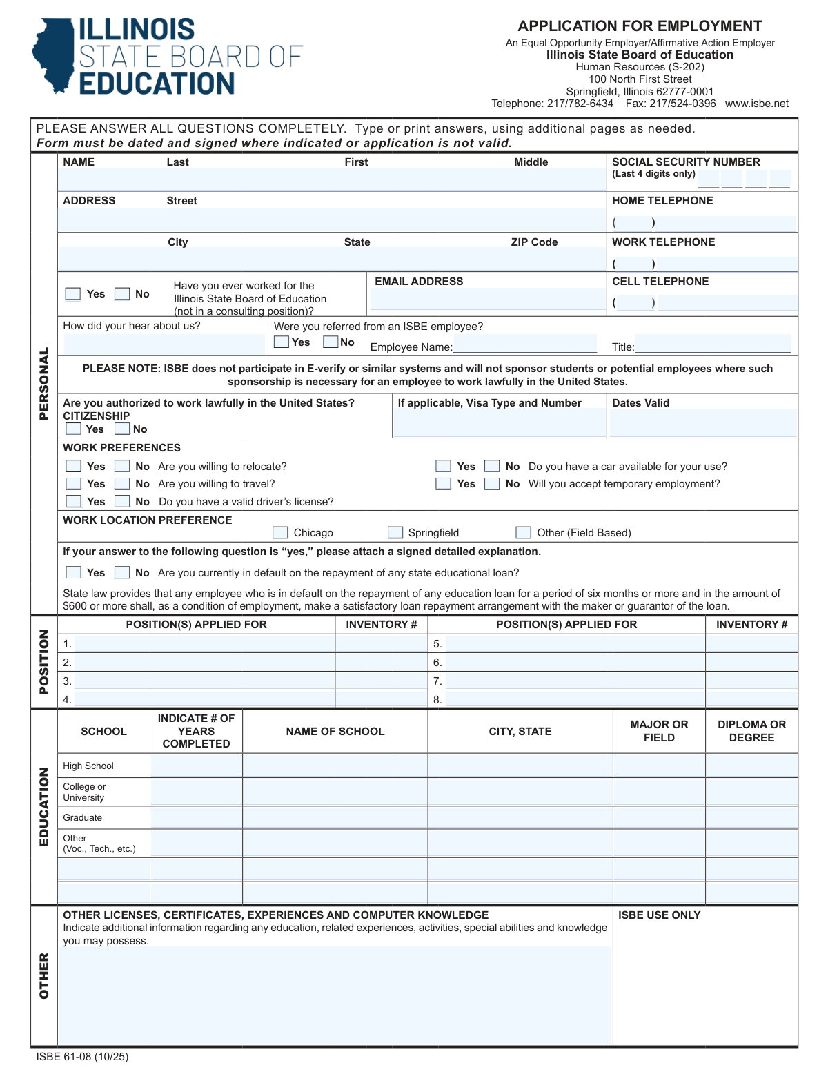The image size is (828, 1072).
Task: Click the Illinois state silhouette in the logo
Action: click(x=53, y=55)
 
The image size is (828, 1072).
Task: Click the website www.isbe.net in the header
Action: click(x=756, y=104)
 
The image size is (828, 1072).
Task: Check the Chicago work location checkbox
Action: click(x=280, y=532)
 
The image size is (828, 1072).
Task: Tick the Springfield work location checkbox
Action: click(x=395, y=532)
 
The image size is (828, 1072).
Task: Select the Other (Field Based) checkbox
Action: click(x=524, y=532)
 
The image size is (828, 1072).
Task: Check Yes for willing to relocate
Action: click(x=73, y=467)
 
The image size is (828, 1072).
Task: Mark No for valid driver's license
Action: click(x=122, y=501)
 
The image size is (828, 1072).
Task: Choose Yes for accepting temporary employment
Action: click(x=443, y=484)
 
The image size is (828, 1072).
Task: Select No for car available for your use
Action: click(x=492, y=467)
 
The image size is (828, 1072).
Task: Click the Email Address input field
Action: click(x=486, y=300)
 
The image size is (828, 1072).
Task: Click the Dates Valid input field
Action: click(x=702, y=422)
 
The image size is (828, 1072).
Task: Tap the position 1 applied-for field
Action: click(x=204, y=643)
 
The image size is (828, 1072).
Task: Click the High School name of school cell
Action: click(x=335, y=766)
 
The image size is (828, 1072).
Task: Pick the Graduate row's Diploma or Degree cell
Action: click(x=751, y=817)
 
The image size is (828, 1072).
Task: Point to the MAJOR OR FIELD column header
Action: click(x=659, y=731)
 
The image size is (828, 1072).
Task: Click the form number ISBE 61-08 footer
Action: click(x=82, y=1057)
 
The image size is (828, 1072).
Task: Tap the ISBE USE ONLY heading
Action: click(x=659, y=915)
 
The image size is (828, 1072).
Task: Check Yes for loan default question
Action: click(x=73, y=572)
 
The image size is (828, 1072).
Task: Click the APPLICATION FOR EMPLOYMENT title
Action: click(x=640, y=26)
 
